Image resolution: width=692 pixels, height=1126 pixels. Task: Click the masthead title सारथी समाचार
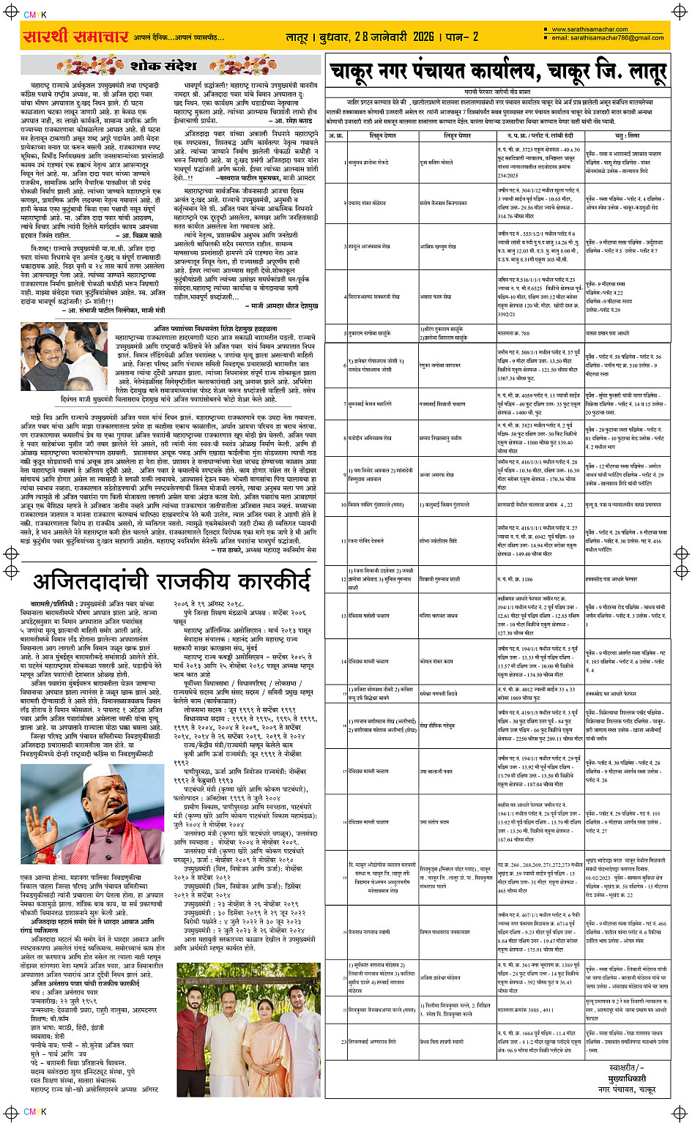click(75, 37)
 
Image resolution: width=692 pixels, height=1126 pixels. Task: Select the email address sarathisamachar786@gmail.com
click(607, 38)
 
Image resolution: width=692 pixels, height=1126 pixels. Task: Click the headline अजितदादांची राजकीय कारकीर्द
click(172, 582)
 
